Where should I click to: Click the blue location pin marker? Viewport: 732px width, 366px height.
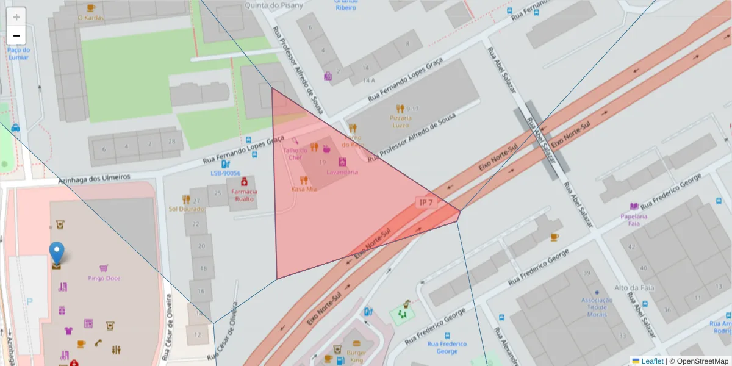click(56, 253)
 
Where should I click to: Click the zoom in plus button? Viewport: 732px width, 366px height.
click(16, 17)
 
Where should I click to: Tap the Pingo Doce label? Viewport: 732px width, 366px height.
click(104, 278)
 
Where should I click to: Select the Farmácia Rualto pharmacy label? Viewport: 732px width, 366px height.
click(244, 195)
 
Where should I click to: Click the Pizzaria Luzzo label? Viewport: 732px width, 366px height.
click(401, 121)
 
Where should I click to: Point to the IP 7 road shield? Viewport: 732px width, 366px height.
click(426, 203)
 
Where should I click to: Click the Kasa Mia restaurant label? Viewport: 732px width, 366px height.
click(304, 188)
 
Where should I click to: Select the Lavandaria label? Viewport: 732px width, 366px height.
click(342, 172)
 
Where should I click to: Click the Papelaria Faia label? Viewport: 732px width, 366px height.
click(634, 219)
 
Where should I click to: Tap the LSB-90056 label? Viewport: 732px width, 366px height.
click(225, 173)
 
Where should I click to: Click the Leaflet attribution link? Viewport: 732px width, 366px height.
click(652, 361)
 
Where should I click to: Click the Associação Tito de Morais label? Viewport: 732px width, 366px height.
click(597, 307)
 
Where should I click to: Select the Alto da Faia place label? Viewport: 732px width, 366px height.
click(630, 288)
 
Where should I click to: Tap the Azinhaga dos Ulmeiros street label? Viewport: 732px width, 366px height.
click(94, 178)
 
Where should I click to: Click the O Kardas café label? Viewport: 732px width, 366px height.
click(91, 18)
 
